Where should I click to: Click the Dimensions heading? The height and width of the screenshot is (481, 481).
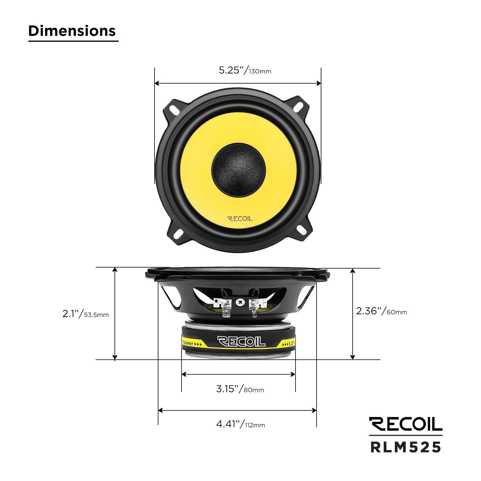pyautogui.click(x=72, y=31)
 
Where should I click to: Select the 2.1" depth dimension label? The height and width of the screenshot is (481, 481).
pyautogui.click(x=85, y=314)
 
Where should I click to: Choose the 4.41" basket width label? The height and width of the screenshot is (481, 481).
pyautogui.click(x=240, y=424)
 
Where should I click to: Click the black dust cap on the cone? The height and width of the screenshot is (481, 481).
pyautogui.click(x=239, y=170)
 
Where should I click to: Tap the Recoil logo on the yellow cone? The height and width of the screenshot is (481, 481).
pyautogui.click(x=240, y=219)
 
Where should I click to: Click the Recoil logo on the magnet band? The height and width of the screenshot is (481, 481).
pyautogui.click(x=241, y=342)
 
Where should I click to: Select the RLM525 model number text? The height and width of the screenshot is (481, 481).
pyautogui.click(x=406, y=447)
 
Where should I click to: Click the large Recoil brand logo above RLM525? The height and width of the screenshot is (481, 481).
pyautogui.click(x=406, y=424)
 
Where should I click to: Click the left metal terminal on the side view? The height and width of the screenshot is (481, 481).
pyautogui.click(x=224, y=308)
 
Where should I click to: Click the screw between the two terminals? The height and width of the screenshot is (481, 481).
pyautogui.click(x=240, y=302)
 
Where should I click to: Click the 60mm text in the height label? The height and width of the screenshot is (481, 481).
pyautogui.click(x=397, y=312)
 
